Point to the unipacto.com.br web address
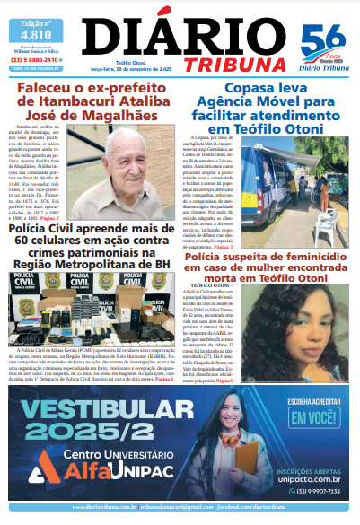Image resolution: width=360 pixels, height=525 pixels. pos(307,478)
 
